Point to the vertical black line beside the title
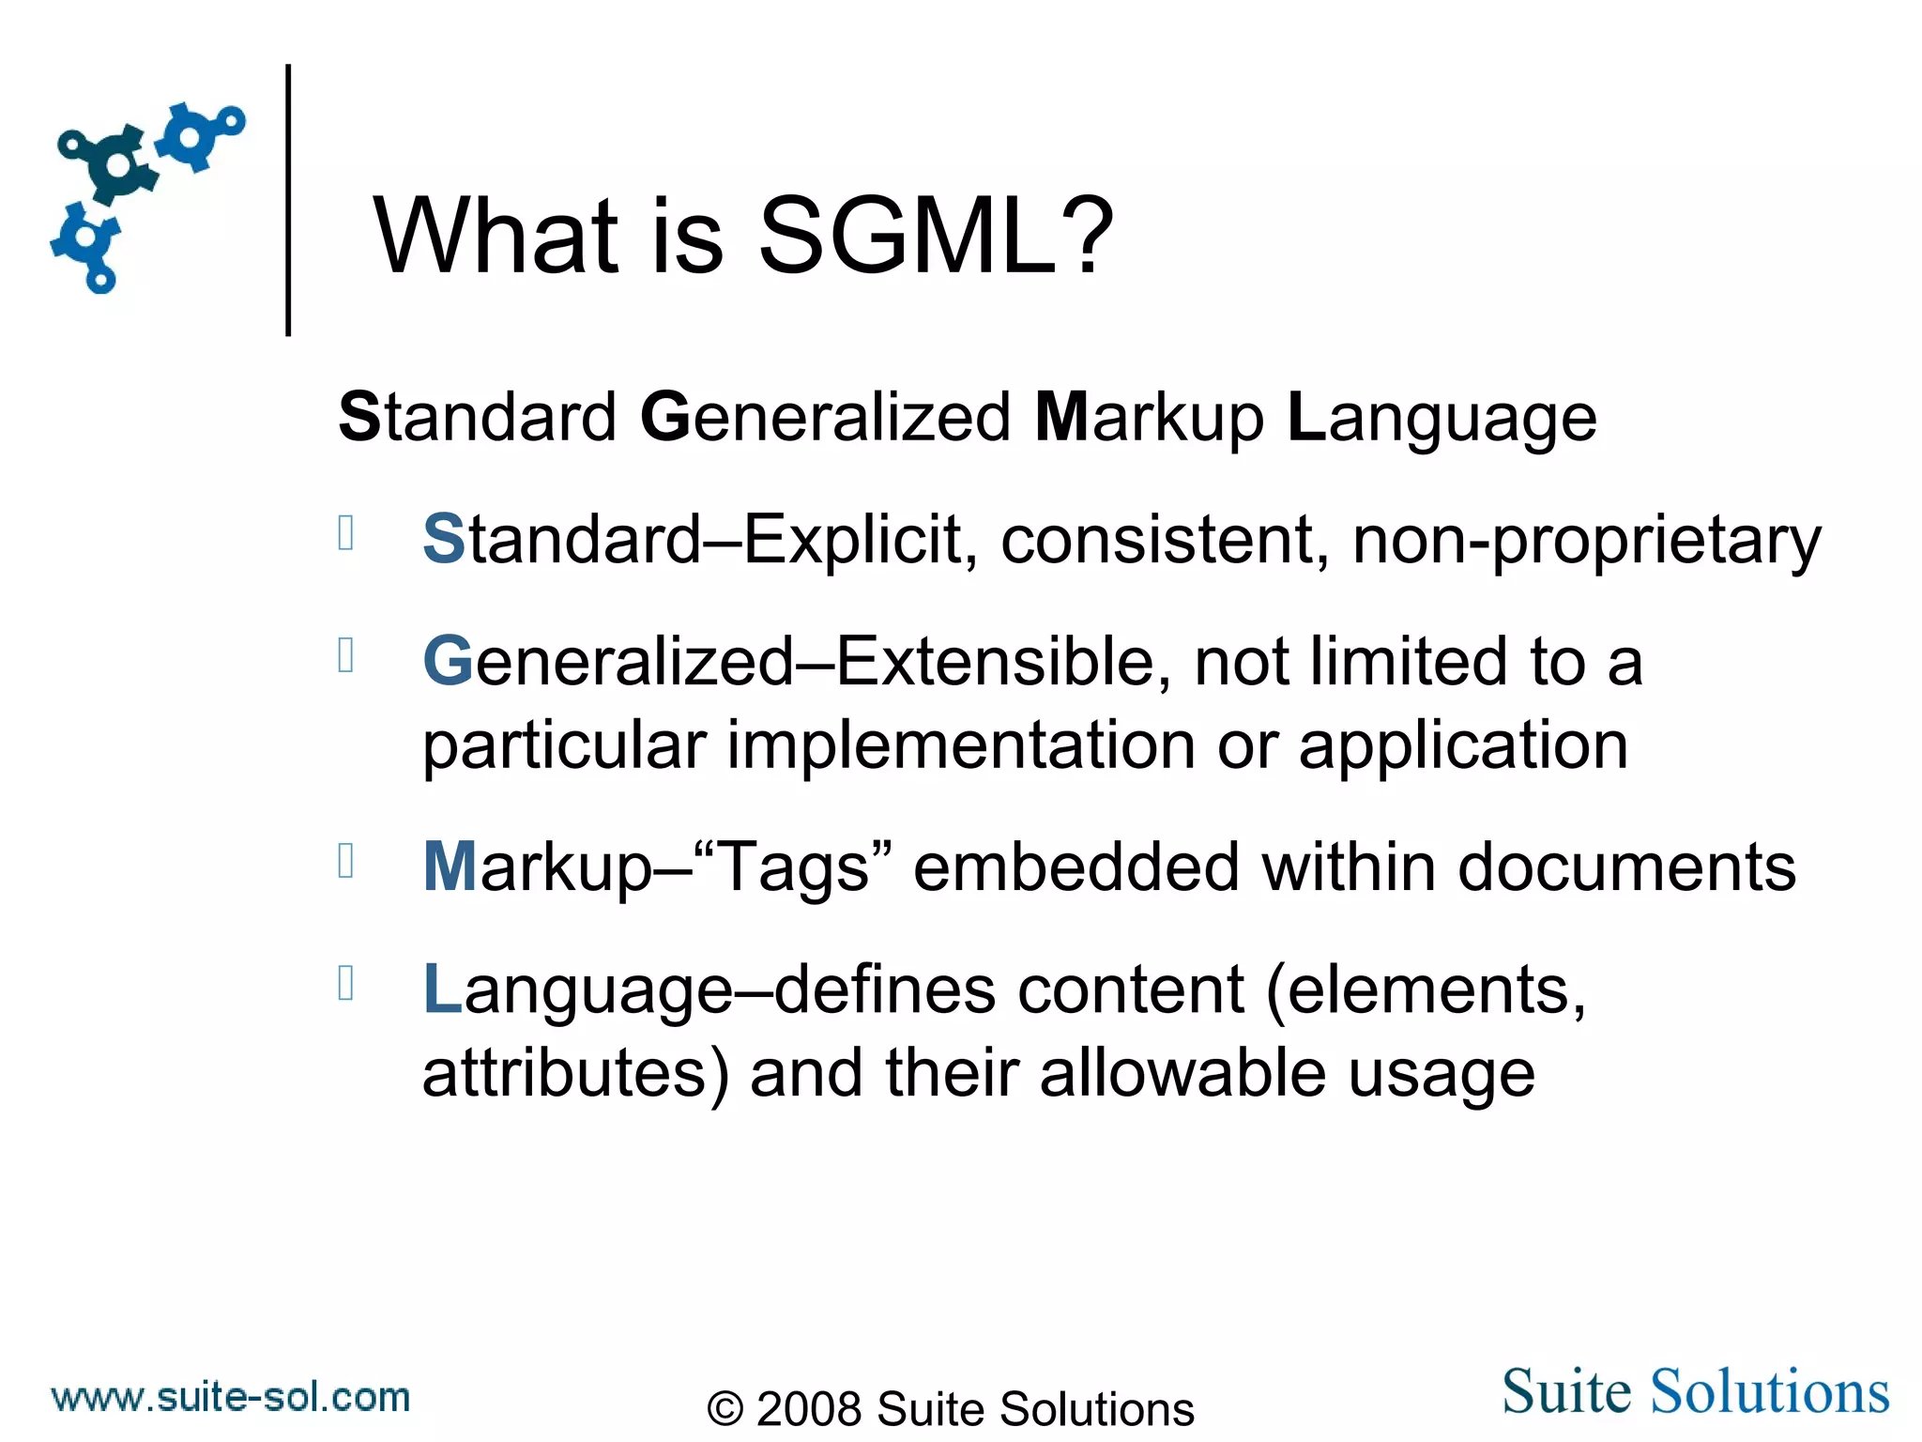pyautogui.click(x=288, y=199)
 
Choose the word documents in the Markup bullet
pyautogui.click(x=1626, y=867)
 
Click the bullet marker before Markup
pyautogui.click(x=345, y=861)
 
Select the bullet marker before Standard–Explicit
pyautogui.click(x=345, y=533)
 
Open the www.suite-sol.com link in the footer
pyautogui.click(x=231, y=1397)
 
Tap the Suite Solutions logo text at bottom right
pyautogui.click(x=1695, y=1390)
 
